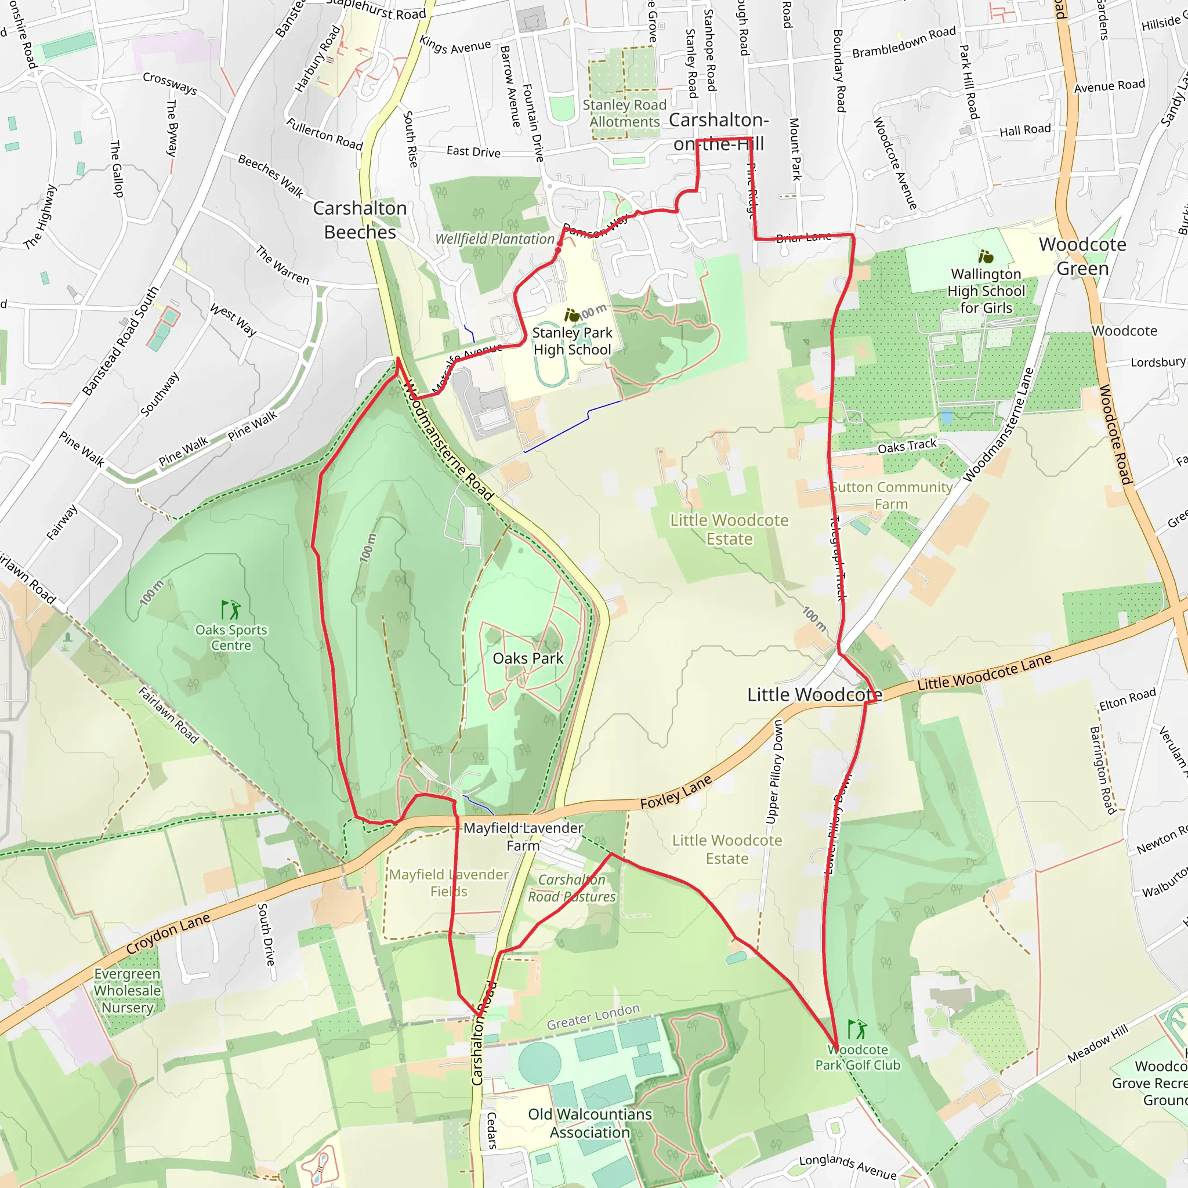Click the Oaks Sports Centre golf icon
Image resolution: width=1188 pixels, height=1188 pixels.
pyautogui.click(x=231, y=610)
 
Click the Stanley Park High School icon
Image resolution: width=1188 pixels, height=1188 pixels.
pyautogui.click(x=572, y=316)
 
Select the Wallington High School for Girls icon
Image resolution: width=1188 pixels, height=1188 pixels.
pyautogui.click(x=986, y=256)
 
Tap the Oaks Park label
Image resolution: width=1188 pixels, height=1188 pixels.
pyautogui.click(x=528, y=658)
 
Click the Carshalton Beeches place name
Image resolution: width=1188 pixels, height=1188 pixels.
pyautogui.click(x=360, y=220)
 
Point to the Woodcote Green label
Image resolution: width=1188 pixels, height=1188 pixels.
pyautogui.click(x=1082, y=256)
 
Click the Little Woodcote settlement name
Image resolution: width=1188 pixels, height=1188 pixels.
pyautogui.click(x=814, y=695)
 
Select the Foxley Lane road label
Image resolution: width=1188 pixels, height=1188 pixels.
pyautogui.click(x=676, y=792)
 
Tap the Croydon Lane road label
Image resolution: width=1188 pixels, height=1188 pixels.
pyautogui.click(x=168, y=934)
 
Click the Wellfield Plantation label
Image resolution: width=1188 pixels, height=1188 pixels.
pyautogui.click(x=494, y=238)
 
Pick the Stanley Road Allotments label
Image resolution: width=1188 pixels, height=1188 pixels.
pyautogui.click(x=624, y=113)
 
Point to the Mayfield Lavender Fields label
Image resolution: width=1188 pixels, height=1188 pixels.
pyautogui.click(x=449, y=882)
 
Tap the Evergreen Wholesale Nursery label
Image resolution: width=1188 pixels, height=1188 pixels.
pyautogui.click(x=127, y=991)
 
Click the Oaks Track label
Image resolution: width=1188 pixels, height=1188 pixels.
pyautogui.click(x=907, y=446)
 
